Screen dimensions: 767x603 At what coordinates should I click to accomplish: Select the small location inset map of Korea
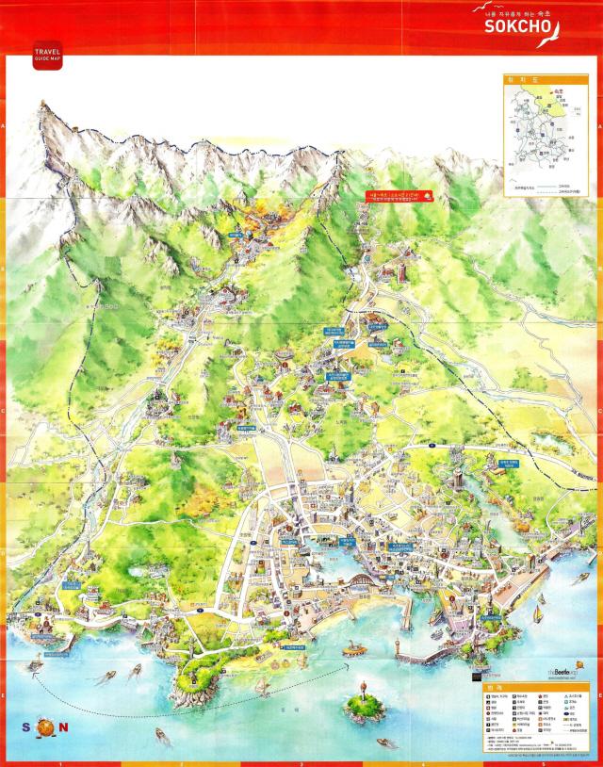pos(542,136)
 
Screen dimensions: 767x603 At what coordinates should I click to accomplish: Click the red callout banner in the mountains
pos(399,197)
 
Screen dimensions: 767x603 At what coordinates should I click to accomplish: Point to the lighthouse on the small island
pos(359,686)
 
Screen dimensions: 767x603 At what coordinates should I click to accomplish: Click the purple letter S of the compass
pos(25,727)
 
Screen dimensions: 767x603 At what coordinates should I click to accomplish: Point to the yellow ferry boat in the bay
pos(354,649)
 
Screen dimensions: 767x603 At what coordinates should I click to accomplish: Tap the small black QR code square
pos(479,674)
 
